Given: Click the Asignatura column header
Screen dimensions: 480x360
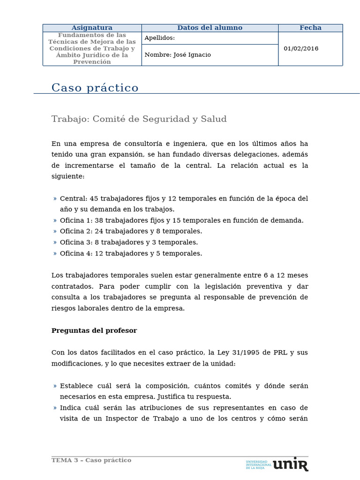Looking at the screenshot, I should pos(92,28).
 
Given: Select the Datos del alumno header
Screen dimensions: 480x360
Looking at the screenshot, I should pos(210,28).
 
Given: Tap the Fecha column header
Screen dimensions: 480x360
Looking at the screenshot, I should pos(310,28).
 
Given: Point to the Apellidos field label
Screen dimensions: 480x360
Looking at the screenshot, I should pos(160,38).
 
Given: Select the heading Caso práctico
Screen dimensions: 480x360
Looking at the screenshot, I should pos(95,88).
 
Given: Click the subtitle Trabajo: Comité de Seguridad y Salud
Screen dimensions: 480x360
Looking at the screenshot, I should pos(139,119).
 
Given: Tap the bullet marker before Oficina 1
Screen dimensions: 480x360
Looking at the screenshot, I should pos(55,220).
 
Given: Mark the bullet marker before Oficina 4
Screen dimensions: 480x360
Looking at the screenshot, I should pos(55,254).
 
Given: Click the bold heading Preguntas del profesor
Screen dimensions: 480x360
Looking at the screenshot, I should pos(94,330).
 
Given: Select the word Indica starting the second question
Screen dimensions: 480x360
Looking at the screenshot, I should pos(71,408).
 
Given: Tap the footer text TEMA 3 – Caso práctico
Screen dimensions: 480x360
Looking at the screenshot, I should pos(91,460).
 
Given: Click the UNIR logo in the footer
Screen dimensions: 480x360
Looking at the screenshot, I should pos(290,464).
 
